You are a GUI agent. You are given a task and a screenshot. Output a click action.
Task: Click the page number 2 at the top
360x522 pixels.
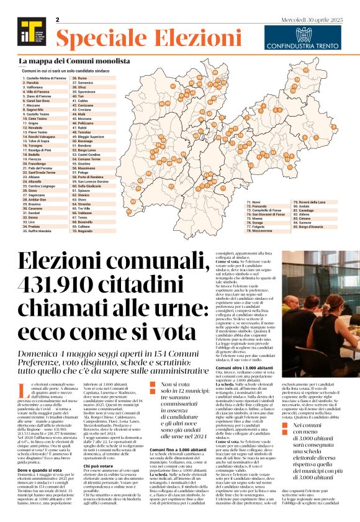pos(57,20)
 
